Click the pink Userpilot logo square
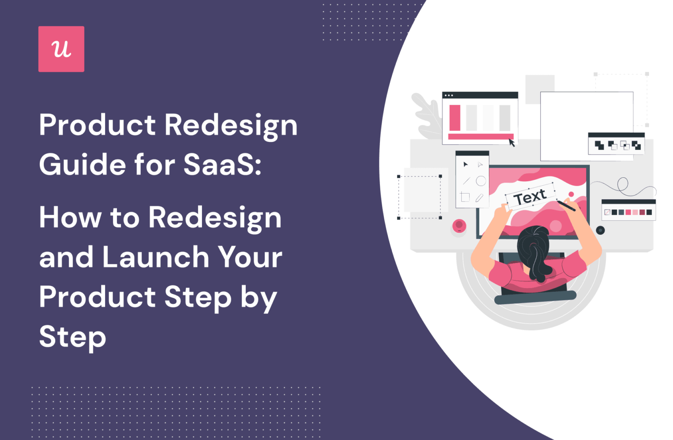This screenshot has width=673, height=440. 61,49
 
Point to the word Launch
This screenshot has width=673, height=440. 156,257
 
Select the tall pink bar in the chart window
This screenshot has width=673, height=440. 455,117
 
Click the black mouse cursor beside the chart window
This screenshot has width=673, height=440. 511,142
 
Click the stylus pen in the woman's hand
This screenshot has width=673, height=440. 566,205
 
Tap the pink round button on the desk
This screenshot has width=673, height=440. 459,226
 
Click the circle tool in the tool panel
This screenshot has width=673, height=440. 481,181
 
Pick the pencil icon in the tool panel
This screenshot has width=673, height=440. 479,198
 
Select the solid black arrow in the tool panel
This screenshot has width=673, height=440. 465,165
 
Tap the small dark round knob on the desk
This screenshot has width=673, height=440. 600,230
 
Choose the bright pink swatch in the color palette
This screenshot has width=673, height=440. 628,212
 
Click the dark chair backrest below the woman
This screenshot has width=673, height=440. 535,297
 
